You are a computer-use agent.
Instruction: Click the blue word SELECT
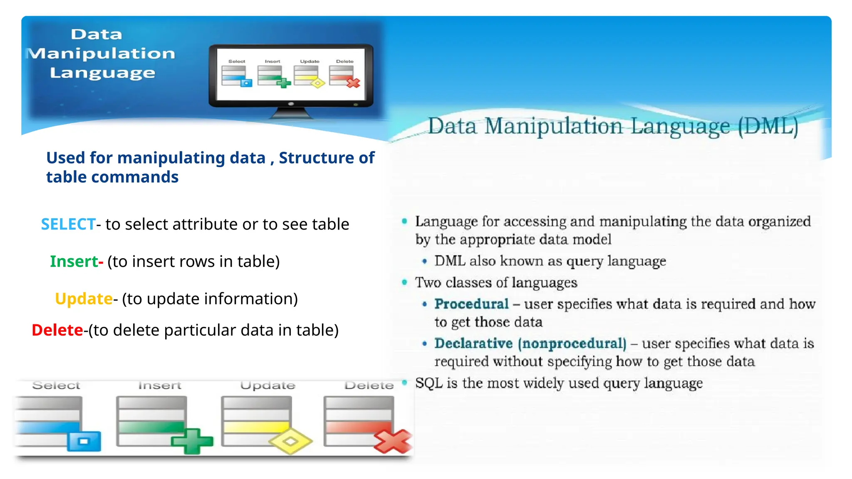68,225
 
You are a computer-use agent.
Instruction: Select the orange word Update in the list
84,299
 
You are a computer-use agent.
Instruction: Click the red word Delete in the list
57,330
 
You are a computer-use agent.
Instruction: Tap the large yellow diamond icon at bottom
290,441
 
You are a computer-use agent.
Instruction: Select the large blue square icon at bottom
84,442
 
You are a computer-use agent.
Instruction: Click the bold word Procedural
471,304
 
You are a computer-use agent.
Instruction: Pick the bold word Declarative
473,343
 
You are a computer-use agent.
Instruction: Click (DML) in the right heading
768,126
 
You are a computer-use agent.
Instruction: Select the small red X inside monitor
353,83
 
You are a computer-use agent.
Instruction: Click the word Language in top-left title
102,73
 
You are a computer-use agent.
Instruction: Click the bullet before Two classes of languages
404,282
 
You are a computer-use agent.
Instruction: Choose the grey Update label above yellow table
267,385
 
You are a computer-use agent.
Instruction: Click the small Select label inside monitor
237,62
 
